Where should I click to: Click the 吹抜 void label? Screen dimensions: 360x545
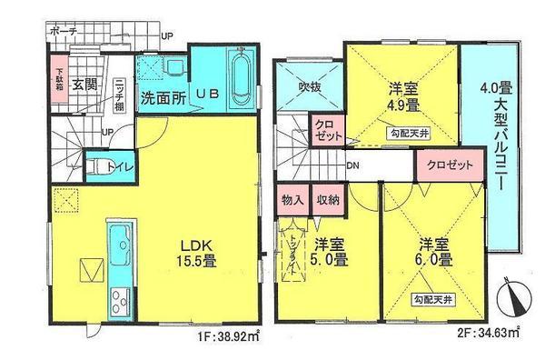(x=310, y=87)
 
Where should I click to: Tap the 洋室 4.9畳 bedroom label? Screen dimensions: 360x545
(x=402, y=96)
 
